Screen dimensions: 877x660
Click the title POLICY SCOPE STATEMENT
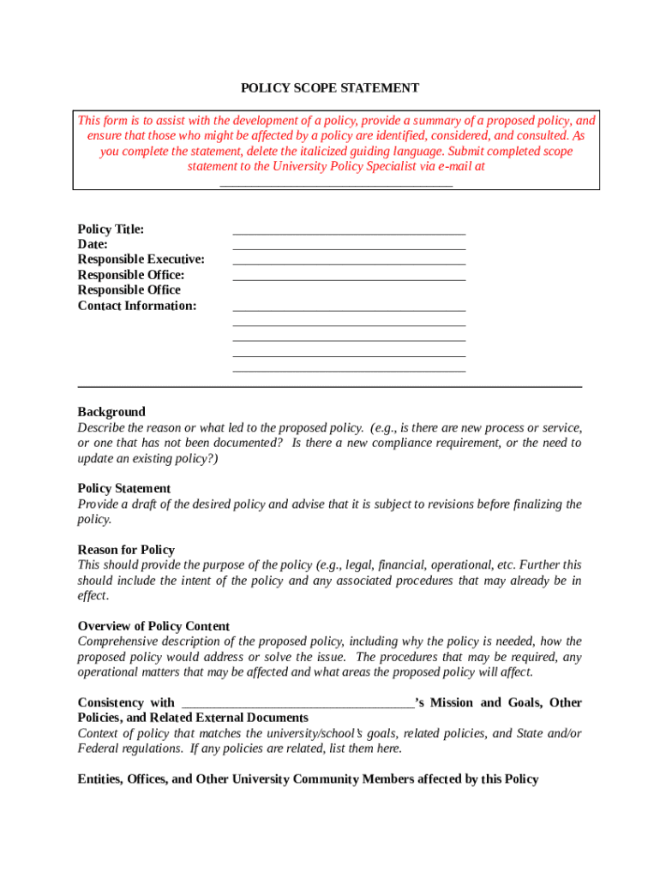329,88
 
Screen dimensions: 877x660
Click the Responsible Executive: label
141,260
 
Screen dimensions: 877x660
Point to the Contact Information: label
136,306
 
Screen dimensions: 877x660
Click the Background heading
111,412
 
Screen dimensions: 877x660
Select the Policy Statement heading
123,489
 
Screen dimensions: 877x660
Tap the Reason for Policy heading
126,550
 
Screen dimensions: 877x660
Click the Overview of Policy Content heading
153,627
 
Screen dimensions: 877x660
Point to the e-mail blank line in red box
336,182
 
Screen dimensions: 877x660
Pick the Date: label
93,244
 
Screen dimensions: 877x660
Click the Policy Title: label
111,229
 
